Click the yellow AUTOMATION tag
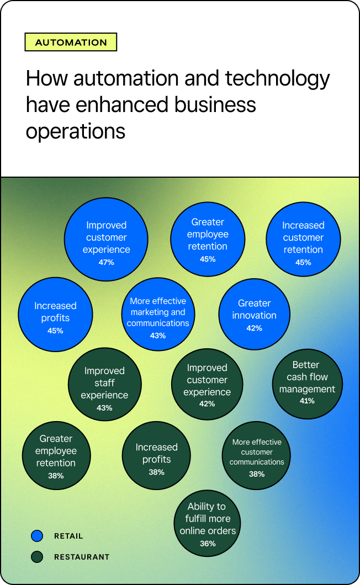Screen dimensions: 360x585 pyautogui.click(x=71, y=42)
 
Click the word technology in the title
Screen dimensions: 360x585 pyautogui.click(x=278, y=79)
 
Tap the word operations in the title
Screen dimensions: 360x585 pyautogui.click(x=76, y=132)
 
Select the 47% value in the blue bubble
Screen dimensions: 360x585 pyautogui.click(x=107, y=262)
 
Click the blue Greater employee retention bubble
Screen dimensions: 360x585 pyautogui.click(x=208, y=239)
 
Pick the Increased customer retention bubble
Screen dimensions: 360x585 pyautogui.click(x=303, y=239)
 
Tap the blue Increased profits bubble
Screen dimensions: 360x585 pyautogui.click(x=55, y=315)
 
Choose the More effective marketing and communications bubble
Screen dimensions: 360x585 pyautogui.click(x=158, y=314)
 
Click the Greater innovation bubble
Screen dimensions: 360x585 pyautogui.click(x=255, y=314)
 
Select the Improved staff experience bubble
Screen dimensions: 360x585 pyautogui.click(x=104, y=385)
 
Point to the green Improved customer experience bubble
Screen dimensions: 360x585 pyautogui.click(x=207, y=384)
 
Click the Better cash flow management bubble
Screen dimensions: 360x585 pyautogui.click(x=308, y=384)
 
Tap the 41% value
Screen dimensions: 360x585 pyautogui.click(x=308, y=401)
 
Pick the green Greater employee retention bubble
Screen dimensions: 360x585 pyautogui.click(x=56, y=455)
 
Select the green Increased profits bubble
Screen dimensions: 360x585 pyautogui.click(x=156, y=455)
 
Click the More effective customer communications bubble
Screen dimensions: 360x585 pyautogui.click(x=257, y=455)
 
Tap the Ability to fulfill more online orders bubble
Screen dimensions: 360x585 pyautogui.click(x=208, y=523)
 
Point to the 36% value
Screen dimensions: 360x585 pyautogui.click(x=208, y=544)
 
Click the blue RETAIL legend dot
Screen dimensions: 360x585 pyautogui.click(x=37, y=536)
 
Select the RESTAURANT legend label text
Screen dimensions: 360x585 pyautogui.click(x=82, y=557)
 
